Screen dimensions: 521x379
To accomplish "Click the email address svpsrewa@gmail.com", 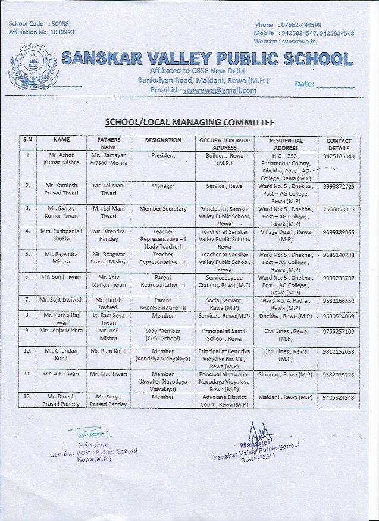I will coord(220,90).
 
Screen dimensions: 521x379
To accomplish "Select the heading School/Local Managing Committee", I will coord(189,123).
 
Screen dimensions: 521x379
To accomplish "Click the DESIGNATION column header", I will coord(163,140).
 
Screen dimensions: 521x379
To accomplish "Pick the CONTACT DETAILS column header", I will coord(339,144).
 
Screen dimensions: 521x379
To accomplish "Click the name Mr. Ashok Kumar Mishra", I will coord(61,159).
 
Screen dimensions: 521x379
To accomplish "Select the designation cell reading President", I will coord(163,156).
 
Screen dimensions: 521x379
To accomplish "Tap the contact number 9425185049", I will coord(339,156).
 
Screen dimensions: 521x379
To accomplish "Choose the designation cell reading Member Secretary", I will coord(163,209).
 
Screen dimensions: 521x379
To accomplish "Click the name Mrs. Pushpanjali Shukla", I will coord(61,235).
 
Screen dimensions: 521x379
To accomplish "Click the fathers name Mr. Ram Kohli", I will coord(109,351).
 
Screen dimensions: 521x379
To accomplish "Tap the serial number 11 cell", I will coord(27,374).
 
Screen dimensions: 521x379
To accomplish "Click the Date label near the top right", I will coord(304,84).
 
